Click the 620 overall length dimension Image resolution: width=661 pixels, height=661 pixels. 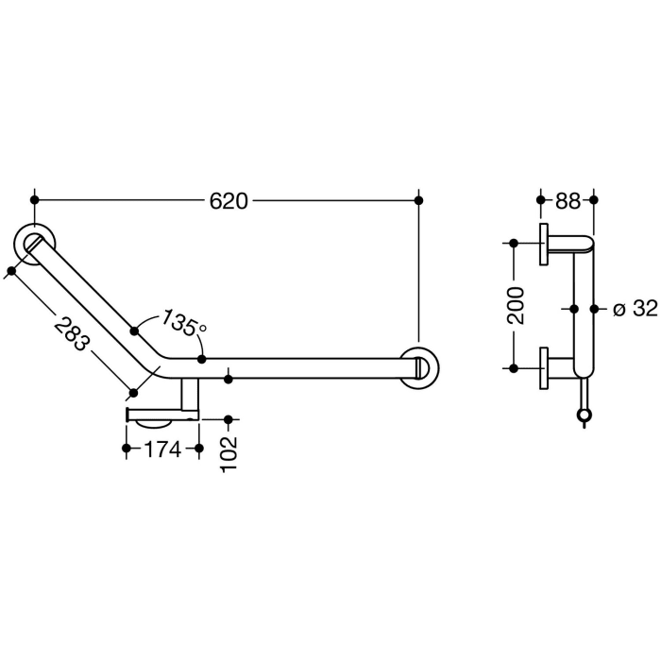tap(228, 200)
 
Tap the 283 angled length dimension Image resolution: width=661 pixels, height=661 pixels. tap(72, 330)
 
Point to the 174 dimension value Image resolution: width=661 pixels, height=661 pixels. tap(162, 450)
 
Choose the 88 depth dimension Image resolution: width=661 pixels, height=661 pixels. tap(568, 200)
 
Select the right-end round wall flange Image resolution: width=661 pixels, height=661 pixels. tap(418, 367)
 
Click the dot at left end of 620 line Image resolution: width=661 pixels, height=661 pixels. tap(35, 200)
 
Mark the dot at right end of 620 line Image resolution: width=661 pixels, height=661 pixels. tap(419, 200)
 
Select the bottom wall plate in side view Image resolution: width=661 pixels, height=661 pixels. tap(545, 367)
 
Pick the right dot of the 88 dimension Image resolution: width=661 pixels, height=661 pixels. tap(594, 200)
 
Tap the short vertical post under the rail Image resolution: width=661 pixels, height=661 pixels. tap(190, 397)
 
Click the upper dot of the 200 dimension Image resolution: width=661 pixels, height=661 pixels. tap(514, 244)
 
